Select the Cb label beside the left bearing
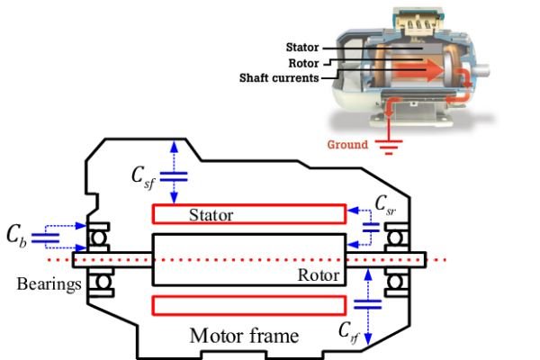(15, 237)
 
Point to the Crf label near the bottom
(351, 331)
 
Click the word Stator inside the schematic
(211, 216)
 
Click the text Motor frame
(244, 337)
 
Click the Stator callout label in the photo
(302, 47)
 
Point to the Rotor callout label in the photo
(305, 63)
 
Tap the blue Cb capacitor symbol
(44, 238)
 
